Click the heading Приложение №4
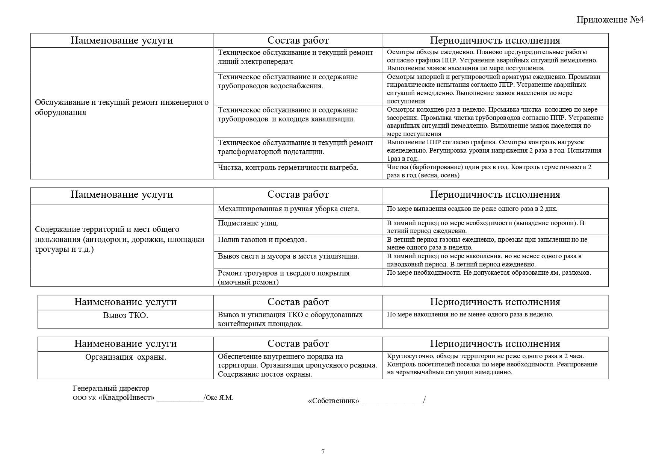(610, 20)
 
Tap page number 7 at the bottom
(323, 452)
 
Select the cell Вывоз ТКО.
(125, 315)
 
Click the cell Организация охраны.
(125, 357)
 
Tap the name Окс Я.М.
(220, 398)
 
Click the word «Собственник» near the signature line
(333, 401)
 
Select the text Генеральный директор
(111, 389)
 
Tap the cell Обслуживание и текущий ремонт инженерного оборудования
(122, 107)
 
